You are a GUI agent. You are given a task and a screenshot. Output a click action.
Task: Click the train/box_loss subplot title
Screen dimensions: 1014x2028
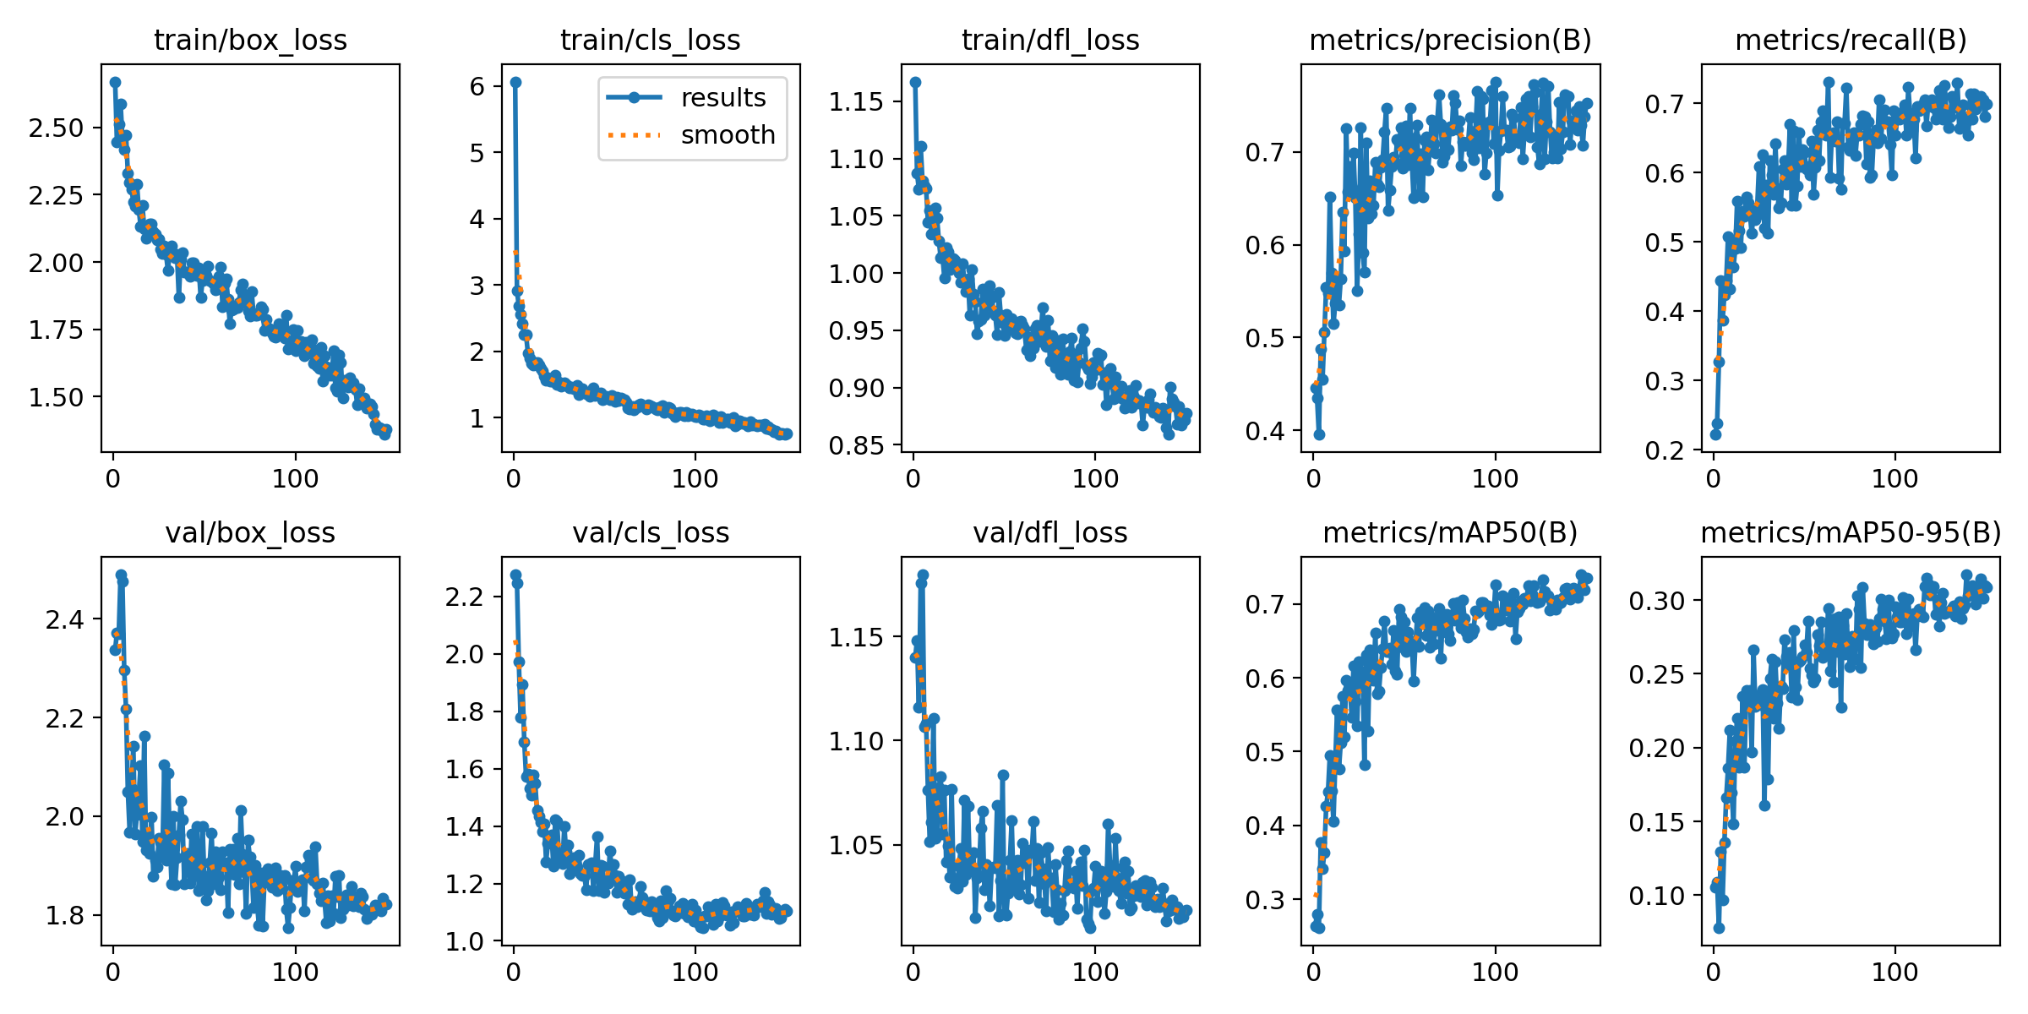coord(250,40)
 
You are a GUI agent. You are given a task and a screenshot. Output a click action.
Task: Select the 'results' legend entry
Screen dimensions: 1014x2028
coord(722,98)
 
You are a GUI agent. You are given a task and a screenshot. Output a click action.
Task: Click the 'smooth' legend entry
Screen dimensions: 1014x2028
coord(728,135)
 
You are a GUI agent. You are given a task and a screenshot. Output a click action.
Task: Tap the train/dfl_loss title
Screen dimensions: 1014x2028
coord(1050,40)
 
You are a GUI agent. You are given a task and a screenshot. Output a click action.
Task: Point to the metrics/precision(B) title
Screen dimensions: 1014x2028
coord(1450,40)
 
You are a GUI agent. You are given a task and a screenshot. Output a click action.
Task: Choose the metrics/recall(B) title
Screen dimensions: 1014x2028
coord(1851,40)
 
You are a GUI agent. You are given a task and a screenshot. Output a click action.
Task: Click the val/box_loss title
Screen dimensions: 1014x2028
coord(250,532)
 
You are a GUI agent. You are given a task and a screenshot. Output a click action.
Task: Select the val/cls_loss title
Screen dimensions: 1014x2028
coord(651,532)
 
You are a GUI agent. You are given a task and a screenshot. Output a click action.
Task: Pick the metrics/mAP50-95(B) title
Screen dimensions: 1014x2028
coord(1851,532)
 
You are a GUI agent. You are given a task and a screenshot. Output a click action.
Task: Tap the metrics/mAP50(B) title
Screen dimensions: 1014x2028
coord(1450,532)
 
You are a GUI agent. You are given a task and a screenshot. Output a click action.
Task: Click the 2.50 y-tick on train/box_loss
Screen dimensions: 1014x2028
coord(56,128)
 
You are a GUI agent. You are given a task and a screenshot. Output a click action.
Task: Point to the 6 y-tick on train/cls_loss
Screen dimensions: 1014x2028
coord(477,86)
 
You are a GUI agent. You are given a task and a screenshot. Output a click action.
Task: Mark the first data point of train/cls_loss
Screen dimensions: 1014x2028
coord(515,82)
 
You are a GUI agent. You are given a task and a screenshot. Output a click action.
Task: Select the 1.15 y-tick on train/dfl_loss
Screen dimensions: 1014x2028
coord(855,102)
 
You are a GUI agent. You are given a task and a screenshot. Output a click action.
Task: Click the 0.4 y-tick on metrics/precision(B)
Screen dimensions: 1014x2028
coord(1267,431)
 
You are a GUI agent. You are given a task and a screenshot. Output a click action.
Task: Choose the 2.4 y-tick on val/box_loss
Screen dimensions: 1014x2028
coord(65,620)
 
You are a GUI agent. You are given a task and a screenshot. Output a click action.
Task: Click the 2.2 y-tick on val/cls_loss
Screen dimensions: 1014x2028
coord(465,597)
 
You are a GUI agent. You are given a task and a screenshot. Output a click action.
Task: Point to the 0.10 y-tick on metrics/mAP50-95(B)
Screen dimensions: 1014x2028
coord(1656,896)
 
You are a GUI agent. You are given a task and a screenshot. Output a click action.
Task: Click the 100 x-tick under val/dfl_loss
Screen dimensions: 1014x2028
coord(1095,972)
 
